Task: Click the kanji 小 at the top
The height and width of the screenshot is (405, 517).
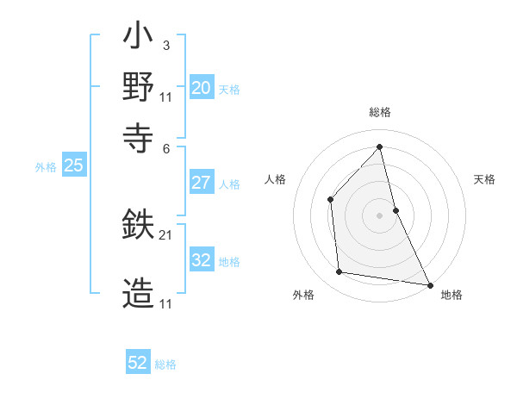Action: point(138,39)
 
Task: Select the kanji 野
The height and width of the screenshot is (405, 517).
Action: point(138,87)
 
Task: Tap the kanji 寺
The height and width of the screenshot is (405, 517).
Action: point(138,136)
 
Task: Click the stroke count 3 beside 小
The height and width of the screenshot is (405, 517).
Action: point(165,46)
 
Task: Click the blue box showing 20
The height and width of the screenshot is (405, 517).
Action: point(201,88)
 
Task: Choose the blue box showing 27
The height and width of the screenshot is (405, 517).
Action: point(201,183)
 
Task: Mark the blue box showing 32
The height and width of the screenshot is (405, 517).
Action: point(201,261)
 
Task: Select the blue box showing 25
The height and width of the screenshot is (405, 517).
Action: point(73,166)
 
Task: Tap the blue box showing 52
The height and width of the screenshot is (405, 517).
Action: point(138,363)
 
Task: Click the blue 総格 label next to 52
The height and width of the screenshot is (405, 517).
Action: point(165,364)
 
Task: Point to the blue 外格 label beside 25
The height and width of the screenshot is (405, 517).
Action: point(46,168)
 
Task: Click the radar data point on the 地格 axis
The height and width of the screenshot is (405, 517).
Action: point(429,283)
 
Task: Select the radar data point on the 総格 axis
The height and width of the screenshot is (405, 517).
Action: point(379,146)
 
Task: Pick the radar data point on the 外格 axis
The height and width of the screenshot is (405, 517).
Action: point(339,272)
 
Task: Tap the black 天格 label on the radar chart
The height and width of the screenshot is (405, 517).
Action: point(485,179)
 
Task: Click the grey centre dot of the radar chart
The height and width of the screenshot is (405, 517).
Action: point(379,215)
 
